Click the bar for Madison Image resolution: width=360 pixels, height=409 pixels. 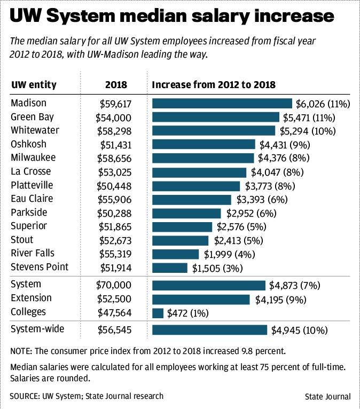(x=222, y=104)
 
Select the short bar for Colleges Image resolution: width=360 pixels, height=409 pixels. (x=158, y=313)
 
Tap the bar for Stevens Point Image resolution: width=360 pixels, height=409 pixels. (x=170, y=268)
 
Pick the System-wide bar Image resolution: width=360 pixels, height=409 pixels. (x=209, y=330)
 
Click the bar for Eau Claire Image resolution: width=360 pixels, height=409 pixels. (x=192, y=199)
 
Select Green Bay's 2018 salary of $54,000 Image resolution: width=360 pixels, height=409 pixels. (x=113, y=117)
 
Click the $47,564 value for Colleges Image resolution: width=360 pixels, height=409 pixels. (x=114, y=313)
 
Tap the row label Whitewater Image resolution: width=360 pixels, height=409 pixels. (x=35, y=130)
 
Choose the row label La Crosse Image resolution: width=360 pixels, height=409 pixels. (x=31, y=171)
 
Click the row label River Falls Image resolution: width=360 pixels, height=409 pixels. (x=33, y=253)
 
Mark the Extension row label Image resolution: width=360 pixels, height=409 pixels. (x=32, y=298)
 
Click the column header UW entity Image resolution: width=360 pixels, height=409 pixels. (x=34, y=85)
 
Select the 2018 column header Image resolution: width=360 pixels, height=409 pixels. (x=115, y=85)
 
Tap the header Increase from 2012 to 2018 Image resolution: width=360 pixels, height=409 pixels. (x=214, y=85)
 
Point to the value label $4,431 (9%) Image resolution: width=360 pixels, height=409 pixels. (x=285, y=145)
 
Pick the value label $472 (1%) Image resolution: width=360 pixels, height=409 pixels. (x=188, y=313)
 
